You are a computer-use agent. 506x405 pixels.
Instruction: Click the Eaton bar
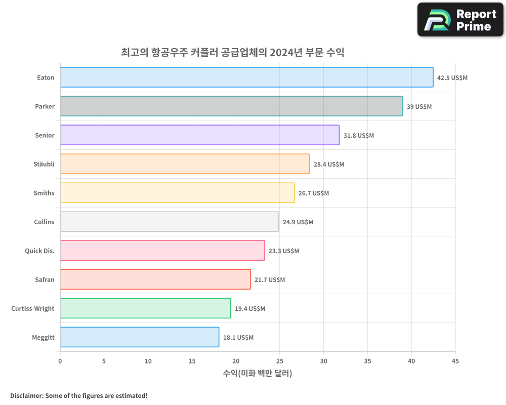pyautogui.click(x=246, y=77)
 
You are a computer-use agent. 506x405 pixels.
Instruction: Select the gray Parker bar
pyautogui.click(x=231, y=106)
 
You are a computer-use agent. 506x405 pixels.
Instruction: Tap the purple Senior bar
pyautogui.click(x=199, y=135)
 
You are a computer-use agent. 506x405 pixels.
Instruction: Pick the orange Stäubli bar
pyautogui.click(x=185, y=164)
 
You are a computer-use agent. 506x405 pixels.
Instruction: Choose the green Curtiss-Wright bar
pyautogui.click(x=145, y=308)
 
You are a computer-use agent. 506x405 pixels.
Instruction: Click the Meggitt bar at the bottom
pyautogui.click(x=140, y=337)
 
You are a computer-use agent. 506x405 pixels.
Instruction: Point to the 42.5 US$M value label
pyautogui.click(x=452, y=78)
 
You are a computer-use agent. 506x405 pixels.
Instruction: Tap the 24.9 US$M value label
pyautogui.click(x=298, y=222)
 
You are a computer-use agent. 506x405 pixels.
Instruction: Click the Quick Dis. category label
pyautogui.click(x=39, y=251)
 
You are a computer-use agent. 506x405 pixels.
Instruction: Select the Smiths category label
pyautogui.click(x=44, y=193)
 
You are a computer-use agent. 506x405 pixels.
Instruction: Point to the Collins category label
pyautogui.click(x=44, y=222)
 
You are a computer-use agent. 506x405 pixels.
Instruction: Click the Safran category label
pyautogui.click(x=45, y=280)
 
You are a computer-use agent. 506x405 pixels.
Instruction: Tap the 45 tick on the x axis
pyautogui.click(x=455, y=361)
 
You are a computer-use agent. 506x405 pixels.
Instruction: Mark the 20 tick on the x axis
pyautogui.click(x=236, y=361)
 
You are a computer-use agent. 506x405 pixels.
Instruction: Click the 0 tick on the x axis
pyautogui.click(x=60, y=361)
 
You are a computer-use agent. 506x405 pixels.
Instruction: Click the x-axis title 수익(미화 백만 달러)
pyautogui.click(x=258, y=374)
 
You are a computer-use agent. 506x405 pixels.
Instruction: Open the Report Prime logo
pyautogui.click(x=460, y=20)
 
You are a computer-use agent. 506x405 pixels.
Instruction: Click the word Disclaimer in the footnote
pyautogui.click(x=26, y=395)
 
